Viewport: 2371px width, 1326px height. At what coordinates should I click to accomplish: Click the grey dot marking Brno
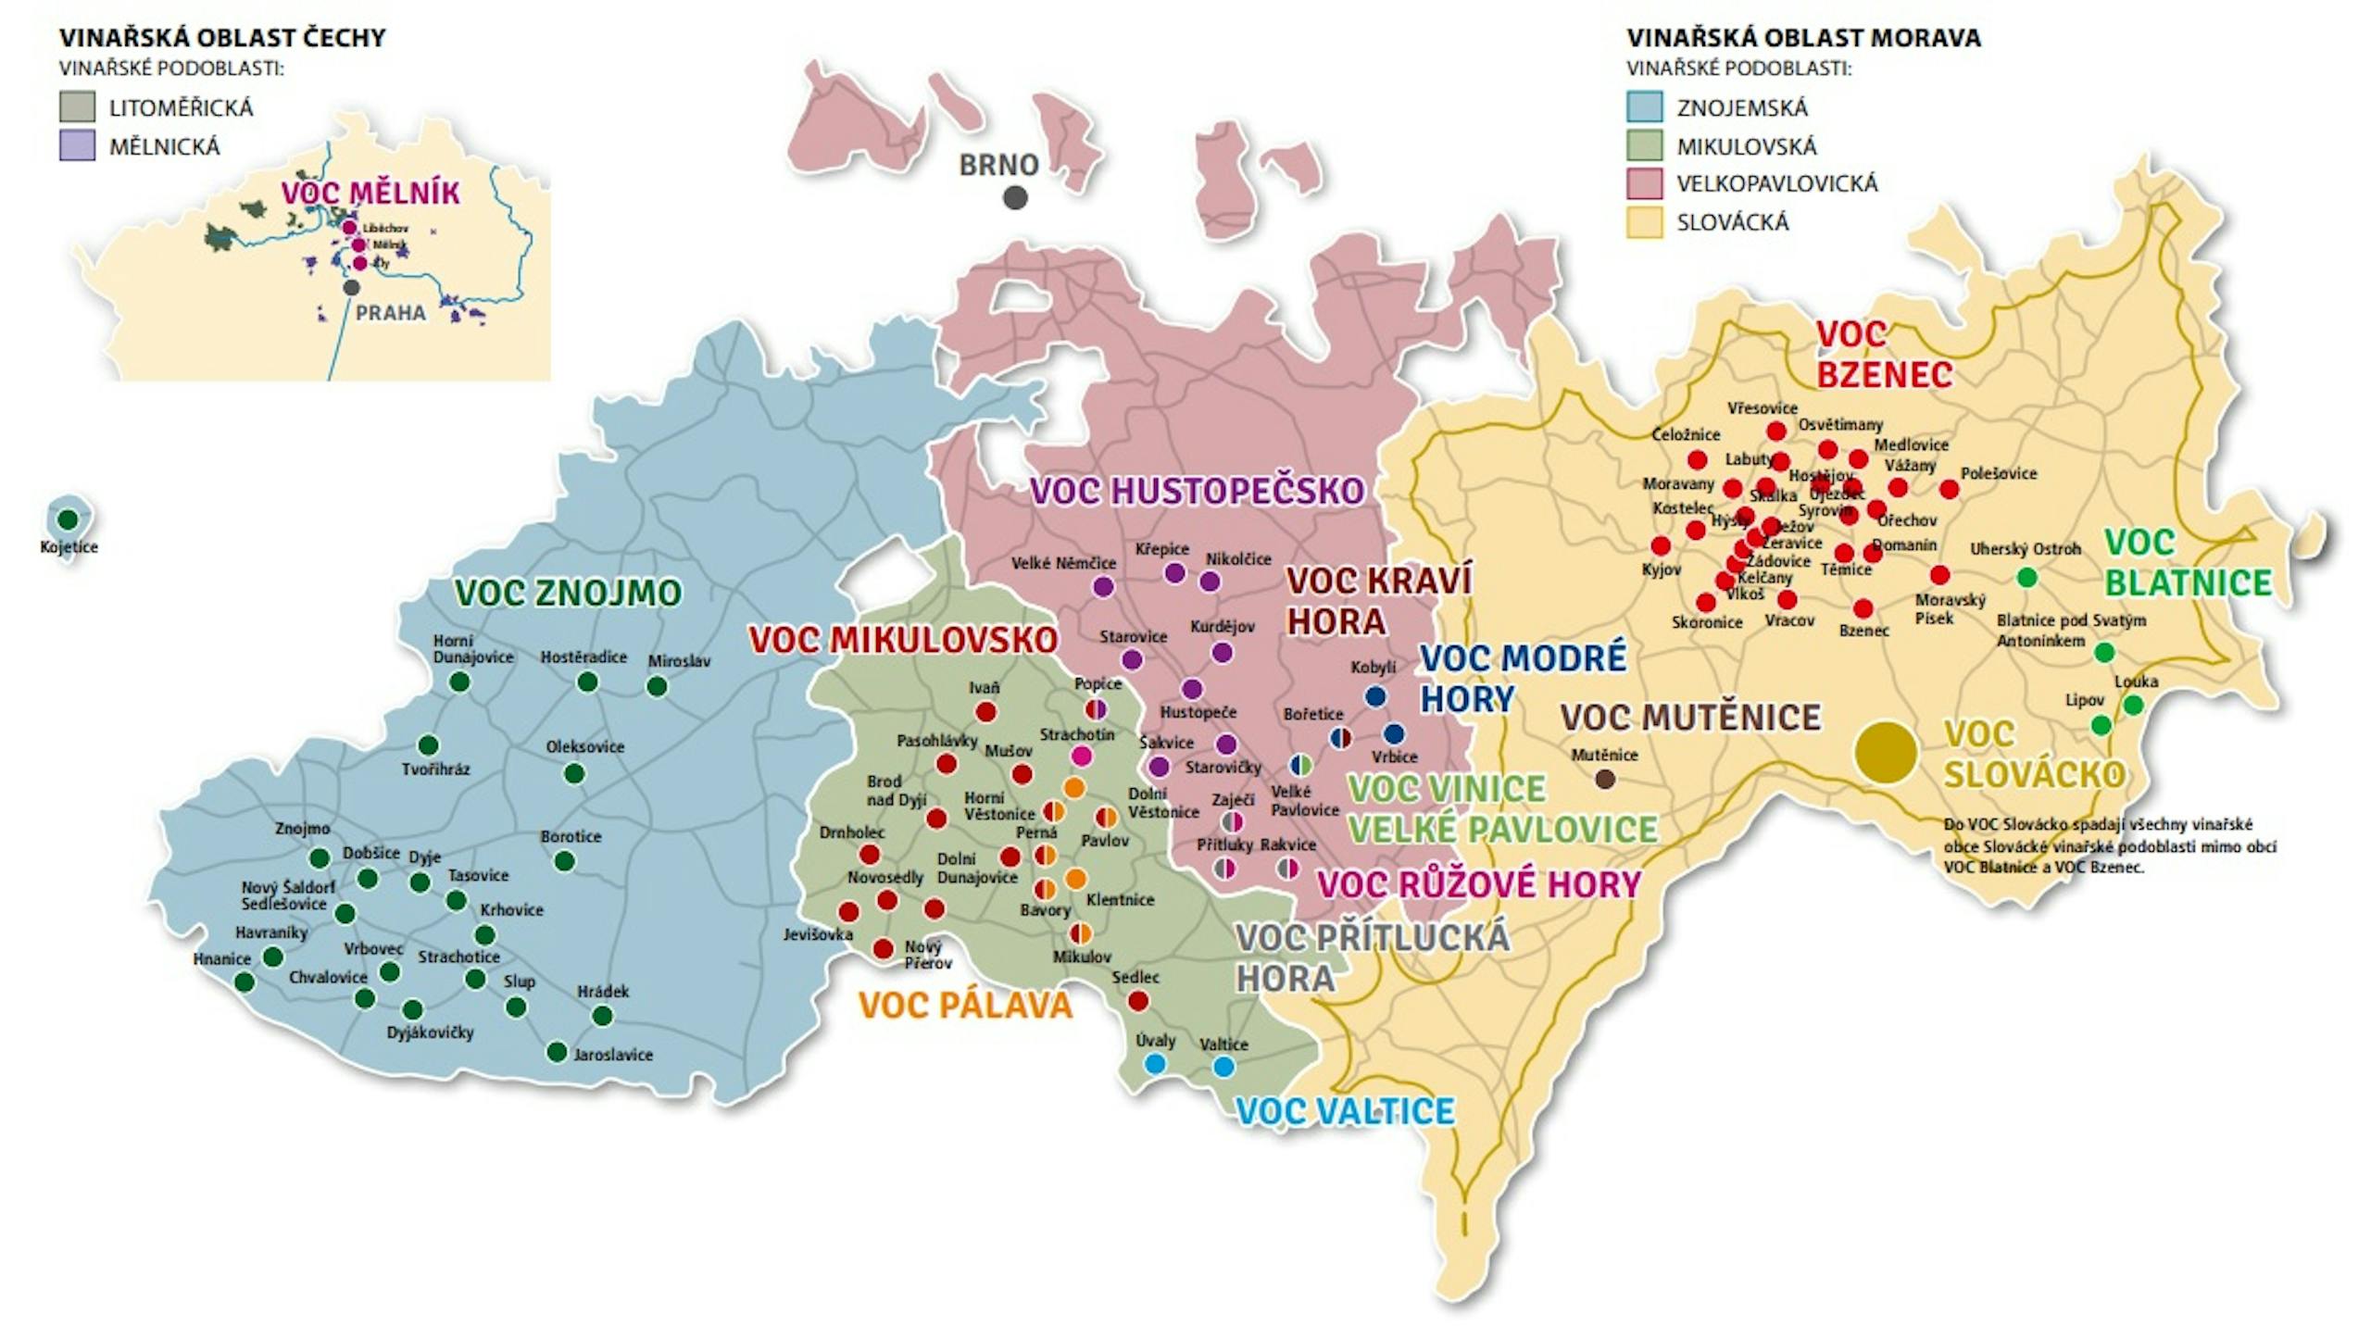(1015, 197)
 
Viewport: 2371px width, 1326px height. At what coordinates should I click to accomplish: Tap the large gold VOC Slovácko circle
(1885, 753)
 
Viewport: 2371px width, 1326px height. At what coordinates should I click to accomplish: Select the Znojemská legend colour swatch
(1645, 107)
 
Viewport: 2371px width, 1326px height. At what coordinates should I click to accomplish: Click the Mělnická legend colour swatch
(77, 146)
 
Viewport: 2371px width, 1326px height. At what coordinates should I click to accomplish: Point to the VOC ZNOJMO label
(567, 593)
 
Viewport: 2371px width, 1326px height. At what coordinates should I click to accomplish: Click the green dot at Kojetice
(68, 519)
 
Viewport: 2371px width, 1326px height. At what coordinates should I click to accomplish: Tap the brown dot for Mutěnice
(1605, 779)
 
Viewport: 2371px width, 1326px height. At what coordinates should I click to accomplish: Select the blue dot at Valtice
(1223, 1067)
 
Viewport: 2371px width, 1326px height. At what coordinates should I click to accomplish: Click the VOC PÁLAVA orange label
(964, 1006)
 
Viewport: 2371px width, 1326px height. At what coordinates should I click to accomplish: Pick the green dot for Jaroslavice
(557, 1052)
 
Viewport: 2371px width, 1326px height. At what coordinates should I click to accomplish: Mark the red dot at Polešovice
(1949, 489)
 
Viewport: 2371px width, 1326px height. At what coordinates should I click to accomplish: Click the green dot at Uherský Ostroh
(2026, 578)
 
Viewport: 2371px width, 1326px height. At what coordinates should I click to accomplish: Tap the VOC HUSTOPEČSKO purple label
(1197, 491)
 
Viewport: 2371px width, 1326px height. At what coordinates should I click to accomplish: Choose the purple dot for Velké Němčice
(1103, 586)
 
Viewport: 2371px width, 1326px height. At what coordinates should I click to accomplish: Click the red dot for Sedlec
(1138, 1000)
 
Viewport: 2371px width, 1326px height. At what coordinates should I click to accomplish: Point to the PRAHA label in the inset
(390, 313)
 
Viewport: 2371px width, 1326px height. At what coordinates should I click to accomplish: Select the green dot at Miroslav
(657, 686)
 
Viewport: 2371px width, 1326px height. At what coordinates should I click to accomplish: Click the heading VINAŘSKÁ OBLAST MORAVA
(1803, 38)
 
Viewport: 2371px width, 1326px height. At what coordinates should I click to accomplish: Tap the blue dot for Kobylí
(1375, 696)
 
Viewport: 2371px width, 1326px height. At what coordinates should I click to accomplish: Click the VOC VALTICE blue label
(1345, 1111)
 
